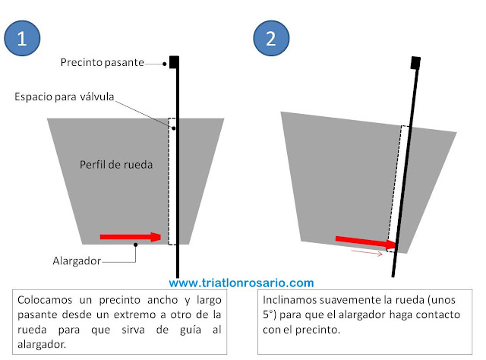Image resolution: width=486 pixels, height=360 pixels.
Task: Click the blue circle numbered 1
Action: click(24, 39)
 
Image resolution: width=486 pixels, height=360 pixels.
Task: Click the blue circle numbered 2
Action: click(270, 39)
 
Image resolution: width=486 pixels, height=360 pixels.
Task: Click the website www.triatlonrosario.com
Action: click(241, 283)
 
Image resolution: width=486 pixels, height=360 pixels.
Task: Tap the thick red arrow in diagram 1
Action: click(130, 237)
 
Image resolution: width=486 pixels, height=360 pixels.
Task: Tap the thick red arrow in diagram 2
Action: click(365, 242)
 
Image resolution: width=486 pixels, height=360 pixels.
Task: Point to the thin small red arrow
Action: click(366, 254)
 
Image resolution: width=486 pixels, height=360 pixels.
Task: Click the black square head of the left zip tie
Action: click(174, 61)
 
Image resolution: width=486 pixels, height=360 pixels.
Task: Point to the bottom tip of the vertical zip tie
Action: click(177, 276)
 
